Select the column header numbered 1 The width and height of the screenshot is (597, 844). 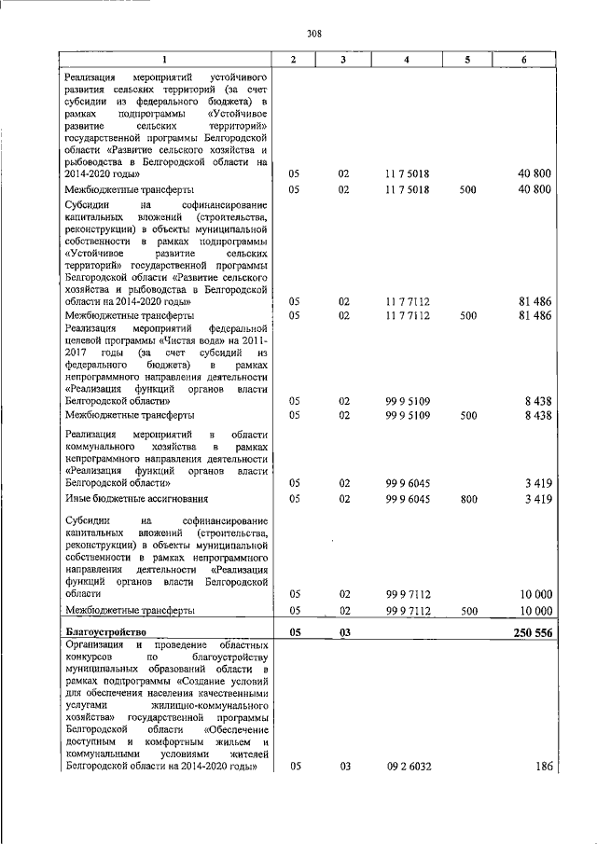(166, 60)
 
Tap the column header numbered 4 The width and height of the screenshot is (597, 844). (406, 60)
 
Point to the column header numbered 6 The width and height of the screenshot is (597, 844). (523, 60)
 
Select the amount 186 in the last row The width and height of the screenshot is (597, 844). (543, 767)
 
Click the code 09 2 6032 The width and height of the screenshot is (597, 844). (406, 767)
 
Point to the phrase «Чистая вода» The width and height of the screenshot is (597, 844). (171, 341)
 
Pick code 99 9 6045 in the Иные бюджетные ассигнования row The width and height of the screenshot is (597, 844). (406, 499)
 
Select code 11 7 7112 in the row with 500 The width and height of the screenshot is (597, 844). (406, 315)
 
